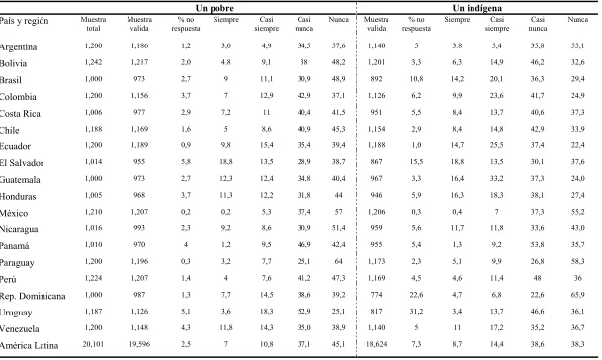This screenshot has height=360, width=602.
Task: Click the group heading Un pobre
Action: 215,8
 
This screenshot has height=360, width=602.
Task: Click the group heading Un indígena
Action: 477,8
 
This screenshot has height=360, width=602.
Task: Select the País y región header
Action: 24,21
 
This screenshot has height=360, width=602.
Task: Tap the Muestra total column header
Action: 93,24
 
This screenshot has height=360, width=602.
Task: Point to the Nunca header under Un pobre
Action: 339,19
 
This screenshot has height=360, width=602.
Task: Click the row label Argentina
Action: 19,47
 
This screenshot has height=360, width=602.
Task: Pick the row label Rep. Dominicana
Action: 33,296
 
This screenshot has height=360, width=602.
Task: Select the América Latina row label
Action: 30,346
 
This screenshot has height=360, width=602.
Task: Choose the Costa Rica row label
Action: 20,114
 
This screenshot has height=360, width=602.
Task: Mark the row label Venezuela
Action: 20,329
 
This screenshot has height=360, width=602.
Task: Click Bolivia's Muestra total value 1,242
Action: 93,62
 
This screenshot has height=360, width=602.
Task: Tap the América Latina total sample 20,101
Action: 93,344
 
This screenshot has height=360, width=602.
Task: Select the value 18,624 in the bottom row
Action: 377,344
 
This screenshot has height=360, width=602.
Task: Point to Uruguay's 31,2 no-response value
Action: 416,312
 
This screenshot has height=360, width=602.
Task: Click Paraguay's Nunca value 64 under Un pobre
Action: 339,261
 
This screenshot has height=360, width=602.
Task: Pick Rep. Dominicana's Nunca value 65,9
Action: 578,295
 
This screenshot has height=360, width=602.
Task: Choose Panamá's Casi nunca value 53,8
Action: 538,244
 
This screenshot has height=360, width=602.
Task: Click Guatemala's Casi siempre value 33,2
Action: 497,178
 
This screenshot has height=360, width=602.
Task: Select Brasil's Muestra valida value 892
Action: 377,79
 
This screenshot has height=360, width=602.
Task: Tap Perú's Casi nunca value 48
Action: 538,278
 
